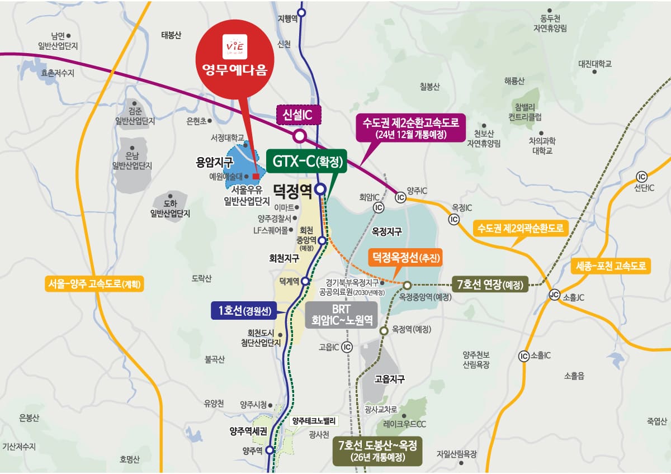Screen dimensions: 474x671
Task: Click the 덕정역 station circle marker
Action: tap(320, 189)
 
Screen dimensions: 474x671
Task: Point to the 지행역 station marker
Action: tap(302, 12)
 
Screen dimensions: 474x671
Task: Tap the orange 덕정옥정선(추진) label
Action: tap(405, 258)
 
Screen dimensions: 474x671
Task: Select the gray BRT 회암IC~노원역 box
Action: tap(341, 314)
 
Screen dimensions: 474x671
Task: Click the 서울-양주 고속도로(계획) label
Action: tap(95, 284)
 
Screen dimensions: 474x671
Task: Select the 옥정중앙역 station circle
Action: tap(407, 285)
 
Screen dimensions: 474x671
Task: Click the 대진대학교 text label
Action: tap(595, 64)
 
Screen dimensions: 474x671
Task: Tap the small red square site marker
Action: tap(256, 176)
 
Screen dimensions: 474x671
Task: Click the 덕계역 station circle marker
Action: tap(305, 281)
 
